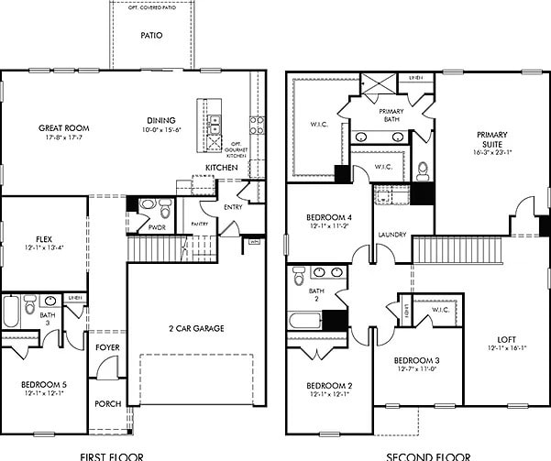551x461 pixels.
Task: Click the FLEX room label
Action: [x=37, y=239]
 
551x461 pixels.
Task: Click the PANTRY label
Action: [x=200, y=224]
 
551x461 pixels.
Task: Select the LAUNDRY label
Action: [x=391, y=235]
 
